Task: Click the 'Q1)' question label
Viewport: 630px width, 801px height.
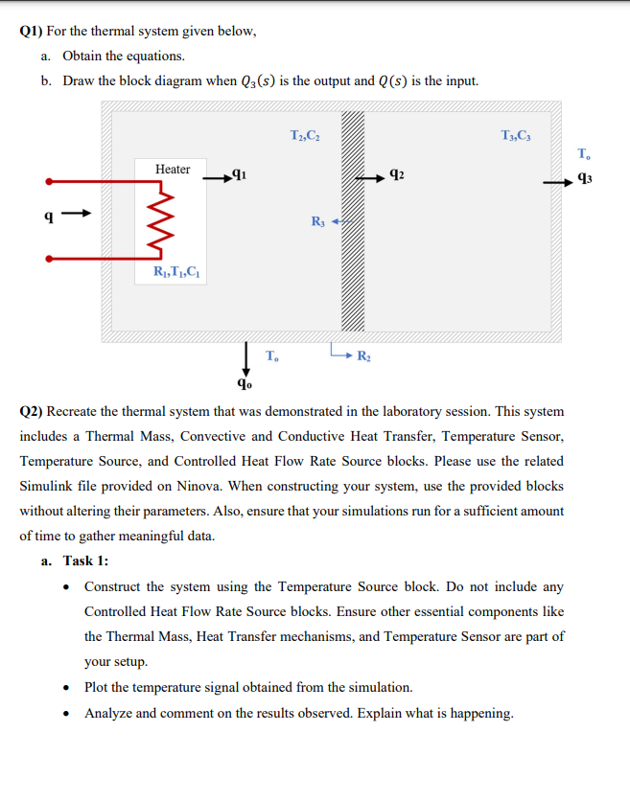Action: pos(34,31)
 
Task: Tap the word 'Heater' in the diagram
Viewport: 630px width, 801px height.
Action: pos(173,170)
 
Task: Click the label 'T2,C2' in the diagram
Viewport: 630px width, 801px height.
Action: pos(304,136)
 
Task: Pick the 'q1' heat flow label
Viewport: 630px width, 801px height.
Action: pos(246,175)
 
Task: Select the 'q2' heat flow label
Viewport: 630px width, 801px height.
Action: pos(397,175)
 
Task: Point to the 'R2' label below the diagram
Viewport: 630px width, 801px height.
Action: pos(363,358)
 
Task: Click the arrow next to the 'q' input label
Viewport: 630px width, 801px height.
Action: pos(83,213)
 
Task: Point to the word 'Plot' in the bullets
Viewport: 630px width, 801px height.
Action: pos(98,687)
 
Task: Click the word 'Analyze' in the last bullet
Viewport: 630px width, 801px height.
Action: pos(110,713)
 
